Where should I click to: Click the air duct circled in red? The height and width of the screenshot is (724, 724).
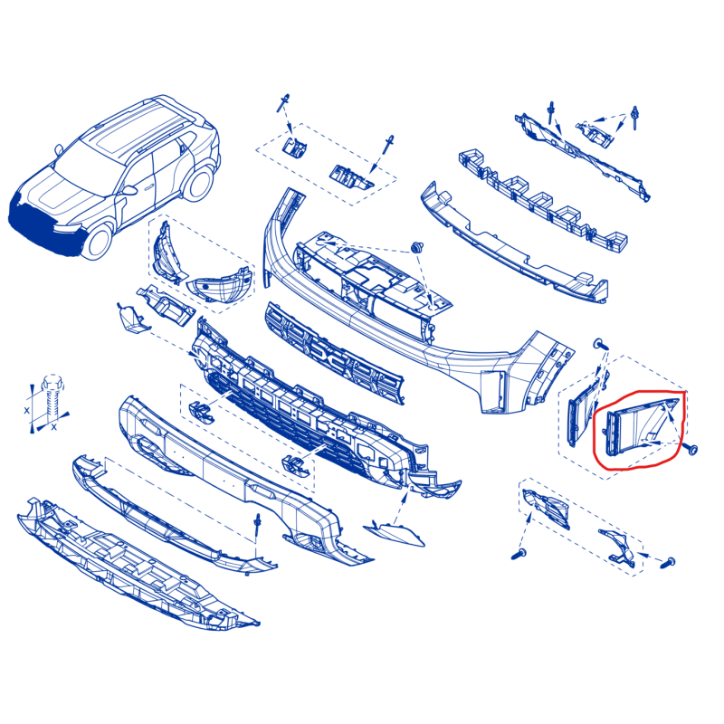point(637,427)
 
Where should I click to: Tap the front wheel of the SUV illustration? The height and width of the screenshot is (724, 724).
point(97,243)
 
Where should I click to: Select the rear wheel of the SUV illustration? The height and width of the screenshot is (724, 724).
point(198,184)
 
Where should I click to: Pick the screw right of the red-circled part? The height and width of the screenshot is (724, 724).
point(691,449)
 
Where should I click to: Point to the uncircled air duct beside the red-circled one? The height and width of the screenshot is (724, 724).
point(584,409)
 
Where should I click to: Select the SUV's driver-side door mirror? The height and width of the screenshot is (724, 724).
point(129,190)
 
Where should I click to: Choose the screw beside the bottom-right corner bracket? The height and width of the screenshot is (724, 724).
point(668,563)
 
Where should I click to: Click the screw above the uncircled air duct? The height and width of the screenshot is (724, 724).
point(601,344)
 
